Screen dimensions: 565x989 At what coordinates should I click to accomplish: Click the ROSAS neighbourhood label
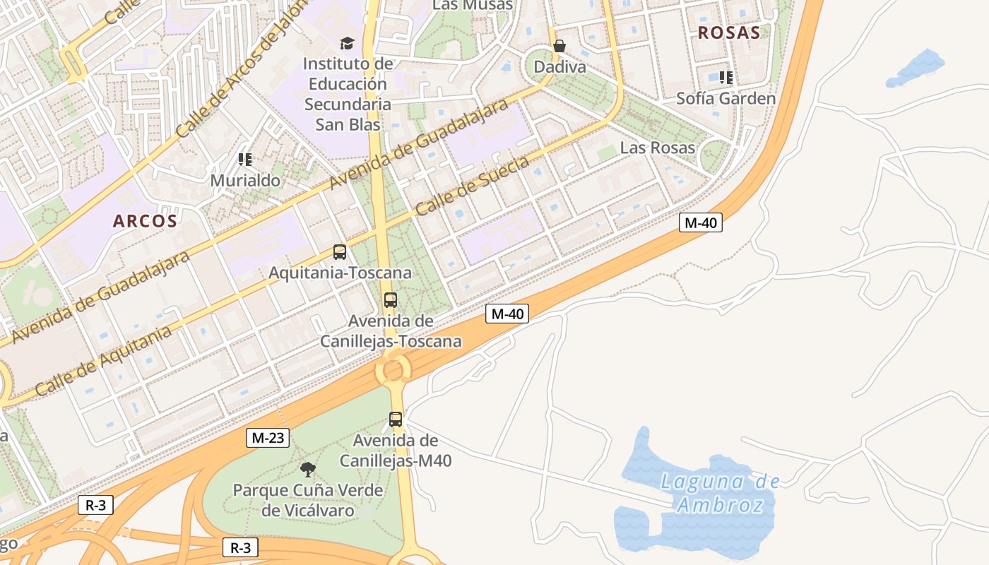(729, 32)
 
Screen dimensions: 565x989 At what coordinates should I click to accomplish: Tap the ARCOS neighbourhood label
(145, 221)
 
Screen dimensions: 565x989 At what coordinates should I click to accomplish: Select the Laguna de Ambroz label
(720, 494)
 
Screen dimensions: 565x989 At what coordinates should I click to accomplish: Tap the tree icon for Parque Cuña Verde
(307, 470)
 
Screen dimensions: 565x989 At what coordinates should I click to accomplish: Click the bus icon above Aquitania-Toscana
(340, 252)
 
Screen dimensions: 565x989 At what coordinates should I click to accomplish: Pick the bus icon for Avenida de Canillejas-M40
(396, 420)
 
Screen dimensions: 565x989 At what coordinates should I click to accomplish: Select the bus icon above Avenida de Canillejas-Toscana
(391, 300)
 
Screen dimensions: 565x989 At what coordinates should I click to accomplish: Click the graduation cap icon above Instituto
(346, 44)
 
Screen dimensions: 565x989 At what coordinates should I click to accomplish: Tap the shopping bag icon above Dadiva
(559, 47)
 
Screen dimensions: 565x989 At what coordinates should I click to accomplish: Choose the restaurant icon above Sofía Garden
(726, 78)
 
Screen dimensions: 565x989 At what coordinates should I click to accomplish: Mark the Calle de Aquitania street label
(102, 361)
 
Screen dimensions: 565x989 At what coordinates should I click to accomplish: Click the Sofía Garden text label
(726, 99)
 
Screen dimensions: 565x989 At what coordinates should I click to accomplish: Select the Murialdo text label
(245, 181)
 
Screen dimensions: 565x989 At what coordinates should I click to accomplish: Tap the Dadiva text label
(559, 67)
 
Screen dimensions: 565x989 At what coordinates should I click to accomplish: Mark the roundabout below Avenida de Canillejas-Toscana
(393, 369)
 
